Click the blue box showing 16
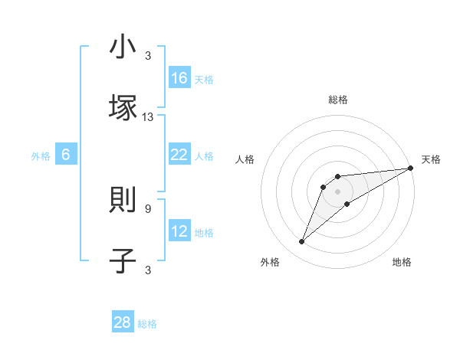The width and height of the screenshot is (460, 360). pyautogui.click(x=179, y=77)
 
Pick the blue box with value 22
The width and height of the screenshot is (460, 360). pyautogui.click(x=179, y=155)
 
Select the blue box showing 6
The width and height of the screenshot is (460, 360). pyautogui.click(x=66, y=155)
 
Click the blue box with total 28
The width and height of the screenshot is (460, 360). pyautogui.click(x=123, y=322)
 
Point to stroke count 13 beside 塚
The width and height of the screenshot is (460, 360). pyautogui.click(x=148, y=117)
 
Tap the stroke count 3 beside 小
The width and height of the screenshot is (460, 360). pyautogui.click(x=148, y=56)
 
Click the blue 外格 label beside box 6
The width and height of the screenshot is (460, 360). pyautogui.click(x=41, y=155)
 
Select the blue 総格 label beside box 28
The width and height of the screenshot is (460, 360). pyautogui.click(x=148, y=324)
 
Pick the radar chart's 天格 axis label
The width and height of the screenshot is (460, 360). pyautogui.click(x=432, y=159)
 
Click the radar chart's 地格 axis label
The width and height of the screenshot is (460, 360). pyautogui.click(x=402, y=263)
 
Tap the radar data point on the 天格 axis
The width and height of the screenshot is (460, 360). pyautogui.click(x=410, y=168)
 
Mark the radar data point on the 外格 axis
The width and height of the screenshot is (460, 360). pyautogui.click(x=302, y=242)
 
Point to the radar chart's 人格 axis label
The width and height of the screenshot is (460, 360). pyautogui.click(x=245, y=159)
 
